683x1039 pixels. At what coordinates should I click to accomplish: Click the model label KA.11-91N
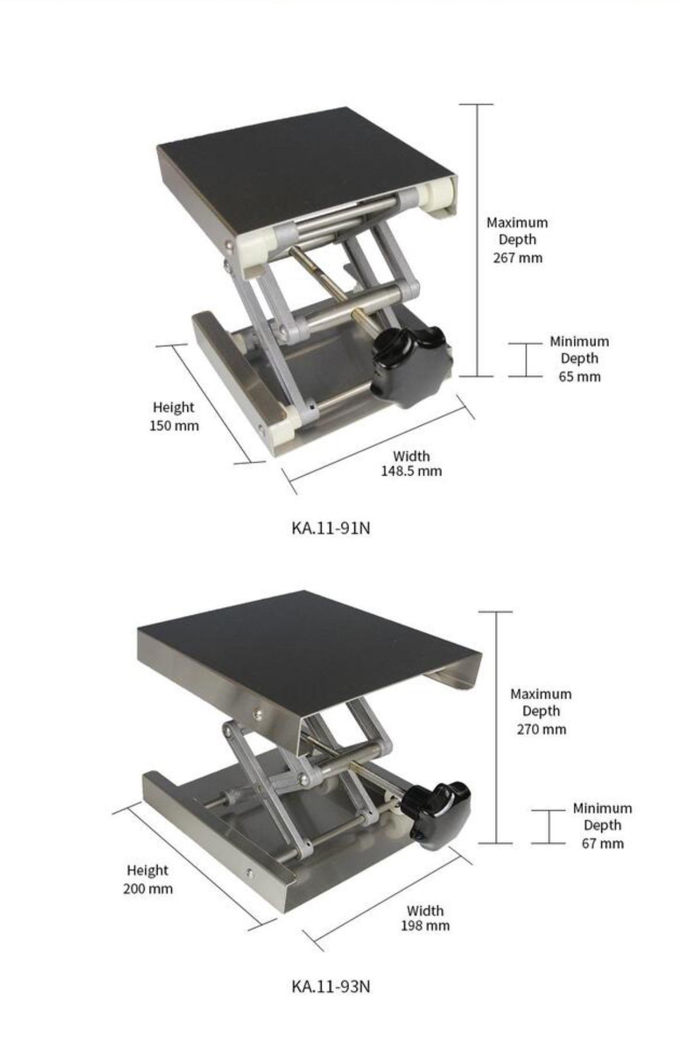tap(330, 528)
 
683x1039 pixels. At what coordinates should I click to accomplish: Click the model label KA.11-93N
tap(330, 986)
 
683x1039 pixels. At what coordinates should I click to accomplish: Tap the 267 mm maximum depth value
tap(517, 257)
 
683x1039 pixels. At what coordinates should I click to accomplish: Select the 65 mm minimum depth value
tap(579, 376)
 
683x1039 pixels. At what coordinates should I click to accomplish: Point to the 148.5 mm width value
tap(412, 471)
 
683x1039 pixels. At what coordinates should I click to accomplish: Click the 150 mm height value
tap(174, 426)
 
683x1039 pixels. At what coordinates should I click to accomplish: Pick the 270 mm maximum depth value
tap(541, 729)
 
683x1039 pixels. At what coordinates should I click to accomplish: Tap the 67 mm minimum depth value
tap(602, 843)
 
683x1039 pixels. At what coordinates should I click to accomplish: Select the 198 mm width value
tap(425, 925)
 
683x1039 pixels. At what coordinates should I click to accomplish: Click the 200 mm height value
tap(148, 889)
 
